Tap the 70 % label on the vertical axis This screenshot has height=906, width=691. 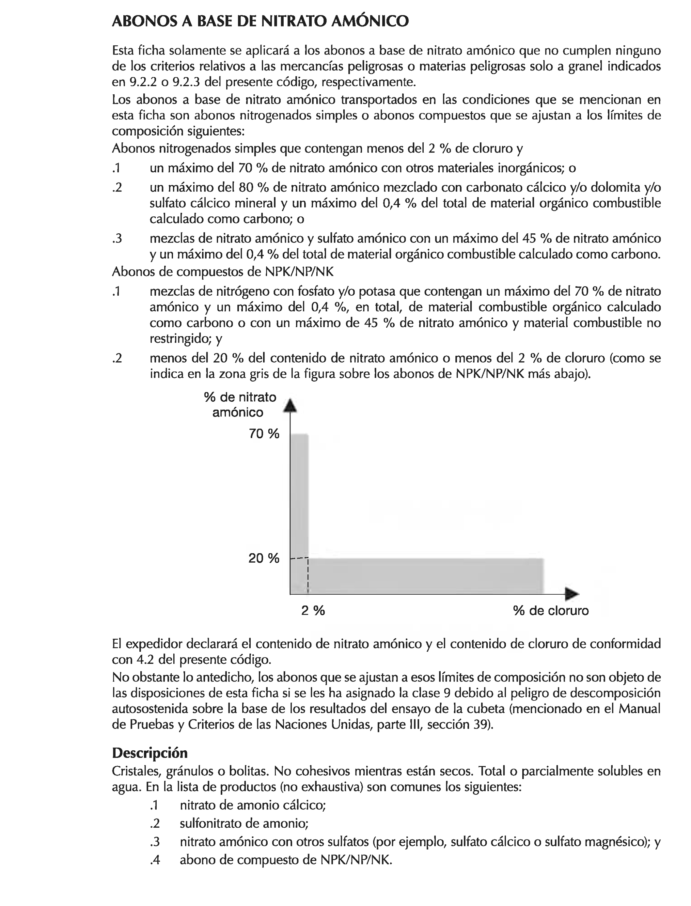click(x=264, y=433)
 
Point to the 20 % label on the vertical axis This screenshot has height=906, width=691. click(x=264, y=558)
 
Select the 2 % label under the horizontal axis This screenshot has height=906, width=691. click(x=313, y=610)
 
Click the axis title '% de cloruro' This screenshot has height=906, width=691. click(x=551, y=610)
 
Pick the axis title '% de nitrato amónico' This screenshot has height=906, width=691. click(x=240, y=405)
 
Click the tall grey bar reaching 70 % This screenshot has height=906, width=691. click(x=299, y=493)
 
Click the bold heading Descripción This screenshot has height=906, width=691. click(x=150, y=753)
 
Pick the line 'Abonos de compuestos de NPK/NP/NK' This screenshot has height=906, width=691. click(x=223, y=272)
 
